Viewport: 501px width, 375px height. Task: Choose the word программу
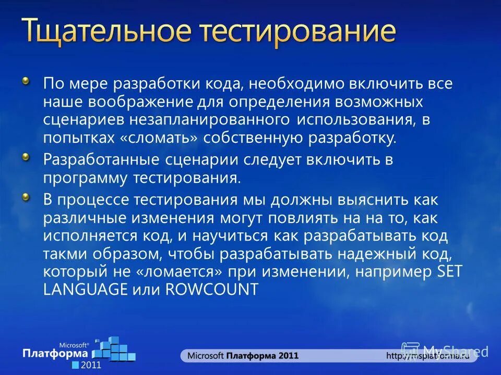click(86, 178)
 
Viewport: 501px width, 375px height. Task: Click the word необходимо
click(297, 83)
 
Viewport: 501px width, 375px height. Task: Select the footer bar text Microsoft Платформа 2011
click(243, 356)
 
